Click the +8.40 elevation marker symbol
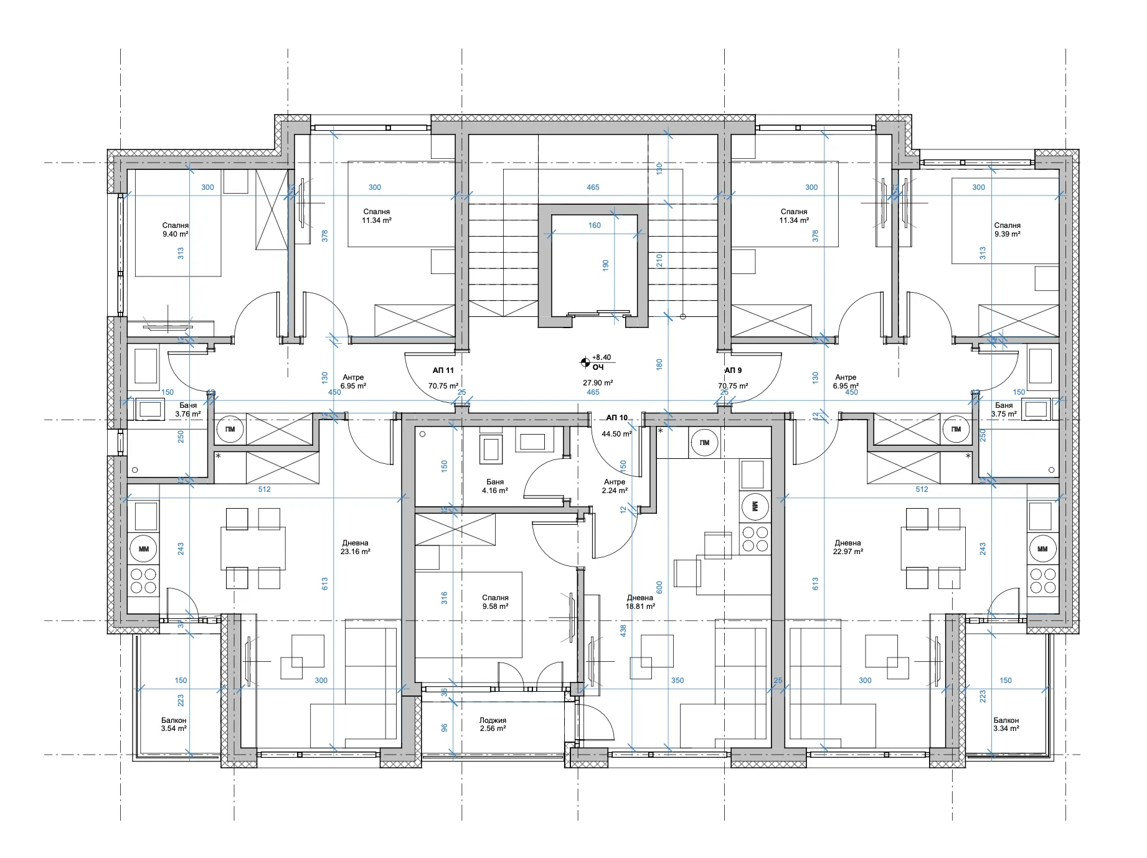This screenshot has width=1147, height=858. (x=585, y=361)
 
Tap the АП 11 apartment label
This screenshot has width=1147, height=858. (x=443, y=370)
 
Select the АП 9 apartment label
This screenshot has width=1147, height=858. (x=733, y=370)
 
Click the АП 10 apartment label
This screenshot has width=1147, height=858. (x=616, y=418)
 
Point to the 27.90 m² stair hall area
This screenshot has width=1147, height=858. (x=598, y=384)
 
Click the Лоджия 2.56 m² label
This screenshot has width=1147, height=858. (x=493, y=724)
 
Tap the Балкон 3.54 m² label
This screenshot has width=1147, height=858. (x=174, y=724)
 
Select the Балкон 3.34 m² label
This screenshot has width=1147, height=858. (x=1006, y=724)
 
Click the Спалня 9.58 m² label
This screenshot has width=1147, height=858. (x=495, y=602)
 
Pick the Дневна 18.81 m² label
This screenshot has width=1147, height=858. (x=640, y=602)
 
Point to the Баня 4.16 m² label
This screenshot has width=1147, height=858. (x=495, y=486)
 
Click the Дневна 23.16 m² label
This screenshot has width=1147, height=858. (x=356, y=547)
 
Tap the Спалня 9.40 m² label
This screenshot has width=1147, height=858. (x=176, y=230)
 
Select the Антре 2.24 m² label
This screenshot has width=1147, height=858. (x=615, y=486)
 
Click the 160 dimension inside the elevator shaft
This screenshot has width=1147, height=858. (x=595, y=225)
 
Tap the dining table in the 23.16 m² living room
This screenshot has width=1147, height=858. (x=253, y=548)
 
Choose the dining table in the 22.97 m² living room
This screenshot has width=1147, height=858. (x=933, y=548)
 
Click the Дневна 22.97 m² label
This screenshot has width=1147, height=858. (x=848, y=547)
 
